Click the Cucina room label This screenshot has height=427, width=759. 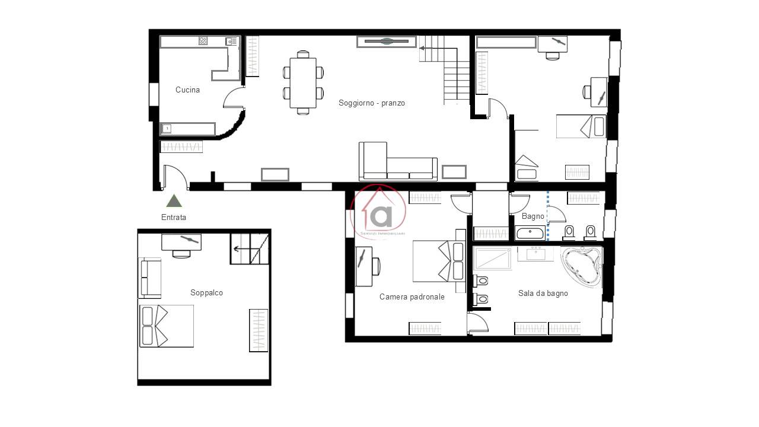(x=187, y=90)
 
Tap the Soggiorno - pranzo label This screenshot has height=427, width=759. (x=372, y=103)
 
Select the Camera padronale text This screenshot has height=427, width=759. (x=412, y=297)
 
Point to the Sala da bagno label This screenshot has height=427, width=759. (x=543, y=293)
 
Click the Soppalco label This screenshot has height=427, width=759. (x=206, y=292)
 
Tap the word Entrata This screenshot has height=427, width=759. (x=174, y=217)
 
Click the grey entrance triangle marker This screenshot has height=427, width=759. (x=174, y=200)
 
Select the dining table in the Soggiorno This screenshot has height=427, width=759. (x=303, y=82)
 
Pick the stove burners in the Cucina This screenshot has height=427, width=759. (x=203, y=41)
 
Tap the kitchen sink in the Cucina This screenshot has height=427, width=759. (x=231, y=42)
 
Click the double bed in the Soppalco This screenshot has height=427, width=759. (x=167, y=326)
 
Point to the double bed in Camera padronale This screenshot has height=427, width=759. (x=439, y=261)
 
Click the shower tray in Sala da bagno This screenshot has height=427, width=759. (x=492, y=259)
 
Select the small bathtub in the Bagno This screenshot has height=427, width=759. (x=530, y=233)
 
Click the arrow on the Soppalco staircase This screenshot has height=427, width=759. (x=241, y=250)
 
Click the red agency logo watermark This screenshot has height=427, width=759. (x=378, y=212)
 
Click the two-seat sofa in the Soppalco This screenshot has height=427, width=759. (x=149, y=278)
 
